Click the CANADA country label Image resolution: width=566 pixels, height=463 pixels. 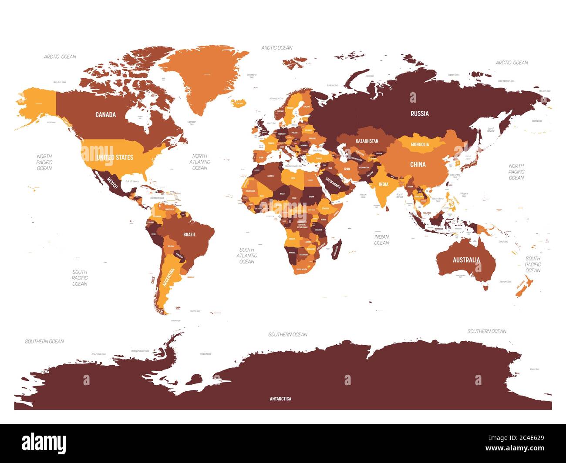tap(105, 115)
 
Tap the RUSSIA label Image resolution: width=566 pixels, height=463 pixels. tap(420, 113)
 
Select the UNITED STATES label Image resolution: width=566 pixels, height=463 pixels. tap(115, 157)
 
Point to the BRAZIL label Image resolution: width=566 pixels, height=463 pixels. tap(189, 234)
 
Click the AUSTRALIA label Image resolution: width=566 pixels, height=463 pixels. tap(466, 260)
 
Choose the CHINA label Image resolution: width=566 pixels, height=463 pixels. tap(418, 164)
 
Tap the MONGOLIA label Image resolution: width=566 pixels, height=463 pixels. tap(420, 144)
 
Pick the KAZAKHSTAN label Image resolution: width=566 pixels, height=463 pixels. tap(367, 141)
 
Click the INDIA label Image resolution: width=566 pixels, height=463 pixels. tap(383, 184)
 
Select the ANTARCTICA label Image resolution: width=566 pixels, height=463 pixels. tap(280, 399)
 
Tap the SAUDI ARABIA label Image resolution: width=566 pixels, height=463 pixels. tap(333, 184)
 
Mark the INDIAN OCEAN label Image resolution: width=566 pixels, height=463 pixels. tap(381, 240)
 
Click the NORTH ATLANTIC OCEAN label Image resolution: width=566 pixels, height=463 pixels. tap(200, 162)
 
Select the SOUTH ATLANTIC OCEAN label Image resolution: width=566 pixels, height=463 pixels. tap(246, 256)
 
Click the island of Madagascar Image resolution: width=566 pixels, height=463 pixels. tap(337, 249)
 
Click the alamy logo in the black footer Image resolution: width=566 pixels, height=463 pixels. tap(44, 443)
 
